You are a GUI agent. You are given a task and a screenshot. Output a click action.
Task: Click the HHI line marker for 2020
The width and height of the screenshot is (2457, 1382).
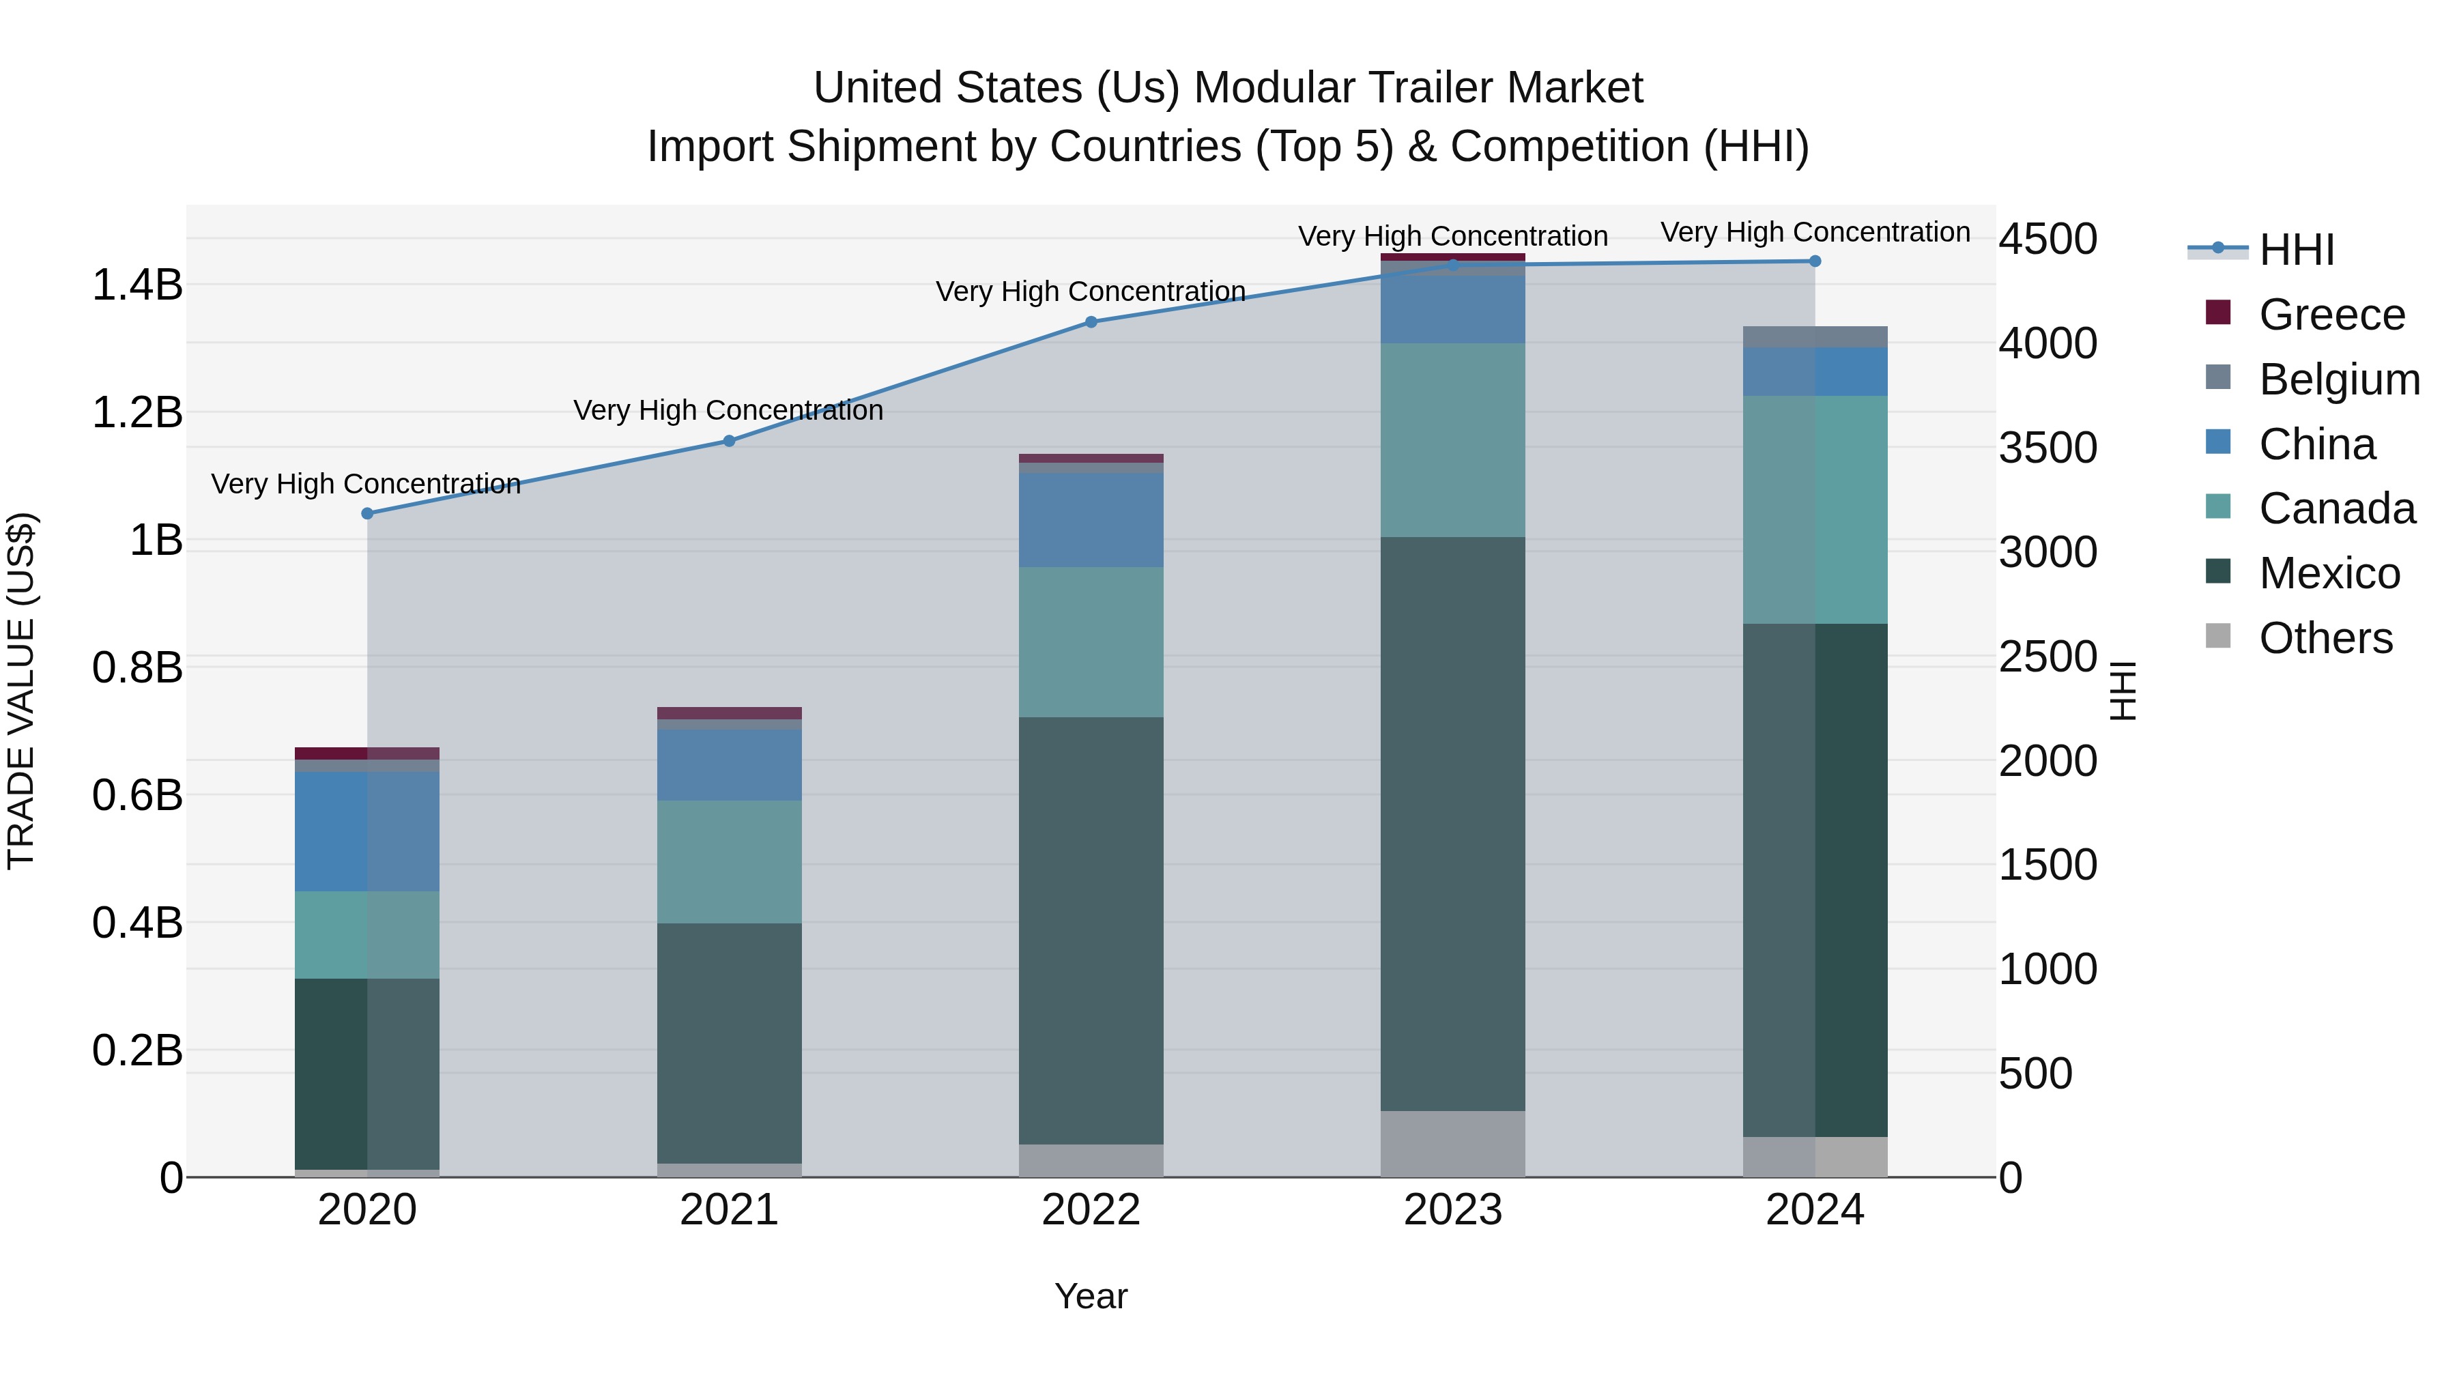point(367,513)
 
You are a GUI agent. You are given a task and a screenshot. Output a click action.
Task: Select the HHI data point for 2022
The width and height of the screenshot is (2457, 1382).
point(1091,321)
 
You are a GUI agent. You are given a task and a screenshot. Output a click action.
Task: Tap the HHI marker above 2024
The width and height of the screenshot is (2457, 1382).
point(1814,261)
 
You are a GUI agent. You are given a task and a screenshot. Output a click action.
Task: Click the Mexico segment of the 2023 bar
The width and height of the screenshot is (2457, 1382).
point(1452,823)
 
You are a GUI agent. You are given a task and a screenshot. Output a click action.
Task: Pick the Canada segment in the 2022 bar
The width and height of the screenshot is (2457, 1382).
point(1091,642)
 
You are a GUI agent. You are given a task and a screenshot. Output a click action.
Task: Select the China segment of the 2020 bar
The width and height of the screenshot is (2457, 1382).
point(367,831)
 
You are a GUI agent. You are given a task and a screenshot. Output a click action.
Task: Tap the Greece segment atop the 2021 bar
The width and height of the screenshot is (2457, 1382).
point(729,712)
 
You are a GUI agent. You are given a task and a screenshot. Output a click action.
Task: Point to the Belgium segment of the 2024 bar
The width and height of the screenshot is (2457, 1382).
point(1814,336)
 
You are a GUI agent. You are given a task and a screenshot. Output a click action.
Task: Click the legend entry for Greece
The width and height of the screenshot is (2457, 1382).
point(2331,315)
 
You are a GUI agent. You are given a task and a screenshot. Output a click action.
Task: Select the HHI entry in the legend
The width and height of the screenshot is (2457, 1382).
point(2296,250)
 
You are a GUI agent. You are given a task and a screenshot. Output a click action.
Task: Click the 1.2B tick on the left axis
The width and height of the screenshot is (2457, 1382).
point(137,413)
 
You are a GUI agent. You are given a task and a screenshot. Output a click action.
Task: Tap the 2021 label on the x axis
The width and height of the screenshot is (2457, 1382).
point(729,1210)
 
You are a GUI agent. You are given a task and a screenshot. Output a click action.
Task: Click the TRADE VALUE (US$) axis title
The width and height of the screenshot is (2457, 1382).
point(21,691)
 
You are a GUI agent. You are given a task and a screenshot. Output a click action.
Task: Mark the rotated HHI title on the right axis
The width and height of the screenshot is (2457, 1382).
point(2123,691)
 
